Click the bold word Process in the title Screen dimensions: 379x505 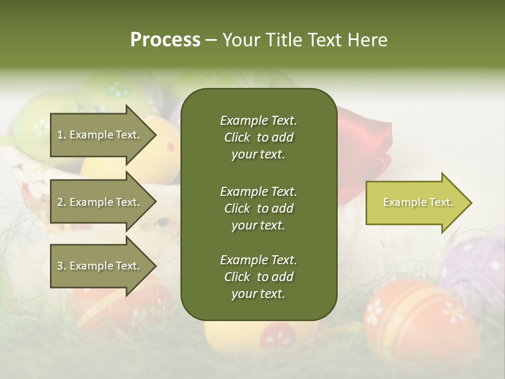[165, 40]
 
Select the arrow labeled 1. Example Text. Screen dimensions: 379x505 [100, 135]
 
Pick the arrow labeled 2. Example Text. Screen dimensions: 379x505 [100, 202]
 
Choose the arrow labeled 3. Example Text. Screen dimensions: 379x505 [100, 266]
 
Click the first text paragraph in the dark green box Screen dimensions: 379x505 [258, 137]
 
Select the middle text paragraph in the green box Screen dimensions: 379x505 [258, 208]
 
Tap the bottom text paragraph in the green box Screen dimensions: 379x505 [258, 277]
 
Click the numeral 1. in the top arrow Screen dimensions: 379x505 [62, 135]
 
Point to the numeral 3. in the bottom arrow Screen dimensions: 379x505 [62, 266]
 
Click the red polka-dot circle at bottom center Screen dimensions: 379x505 [278, 337]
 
